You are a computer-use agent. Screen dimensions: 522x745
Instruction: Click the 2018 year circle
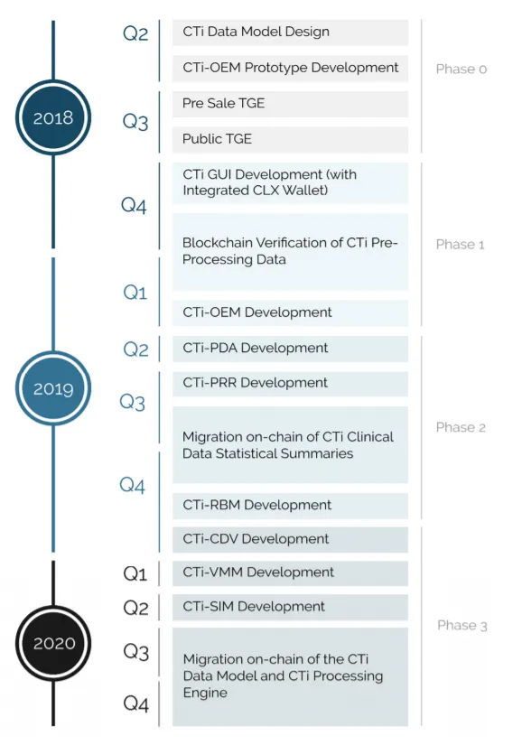point(53,117)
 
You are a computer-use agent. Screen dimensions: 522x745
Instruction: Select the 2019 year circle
point(53,388)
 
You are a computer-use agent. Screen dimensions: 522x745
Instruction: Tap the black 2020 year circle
point(53,643)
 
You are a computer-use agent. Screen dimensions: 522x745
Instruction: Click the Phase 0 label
point(461,70)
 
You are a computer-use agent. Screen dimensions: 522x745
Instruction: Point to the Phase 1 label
point(461,245)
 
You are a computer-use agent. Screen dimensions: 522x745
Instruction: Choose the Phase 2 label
point(461,428)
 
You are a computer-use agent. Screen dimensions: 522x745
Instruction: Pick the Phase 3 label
point(462,625)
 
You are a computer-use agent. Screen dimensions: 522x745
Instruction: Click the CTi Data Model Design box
point(290,33)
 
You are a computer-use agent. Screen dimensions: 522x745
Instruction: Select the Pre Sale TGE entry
point(290,104)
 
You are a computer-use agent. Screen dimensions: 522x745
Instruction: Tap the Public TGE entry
point(290,139)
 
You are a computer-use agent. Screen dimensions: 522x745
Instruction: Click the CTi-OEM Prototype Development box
point(290,68)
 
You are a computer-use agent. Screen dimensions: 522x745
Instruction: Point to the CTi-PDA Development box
point(290,349)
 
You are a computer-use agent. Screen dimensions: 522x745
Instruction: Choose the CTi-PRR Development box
point(290,384)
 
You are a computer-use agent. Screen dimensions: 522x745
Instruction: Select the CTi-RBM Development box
point(290,506)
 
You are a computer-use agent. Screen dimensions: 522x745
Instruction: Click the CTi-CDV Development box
point(290,539)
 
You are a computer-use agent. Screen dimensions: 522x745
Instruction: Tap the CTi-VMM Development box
point(290,573)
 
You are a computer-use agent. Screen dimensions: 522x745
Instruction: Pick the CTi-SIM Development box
point(290,607)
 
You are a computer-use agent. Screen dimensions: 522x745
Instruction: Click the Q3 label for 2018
point(135,122)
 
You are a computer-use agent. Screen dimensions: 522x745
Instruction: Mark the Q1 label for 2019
point(135,293)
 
